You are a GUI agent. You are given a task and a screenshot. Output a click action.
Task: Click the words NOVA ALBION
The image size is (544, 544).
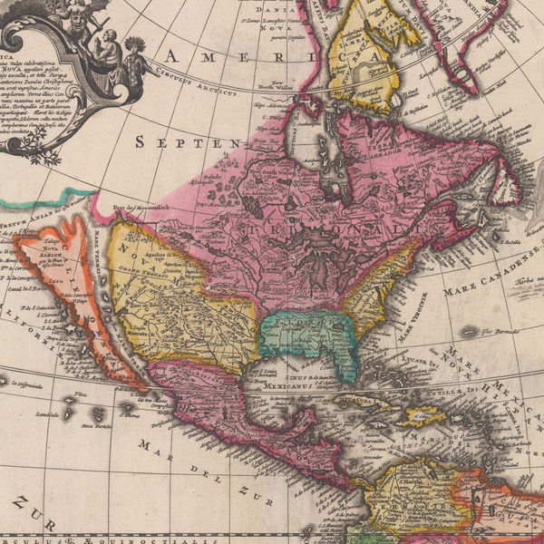[49, 255]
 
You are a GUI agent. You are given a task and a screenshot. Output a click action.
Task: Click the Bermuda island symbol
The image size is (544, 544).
[469, 332]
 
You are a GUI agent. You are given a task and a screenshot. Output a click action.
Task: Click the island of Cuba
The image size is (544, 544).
[363, 399]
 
